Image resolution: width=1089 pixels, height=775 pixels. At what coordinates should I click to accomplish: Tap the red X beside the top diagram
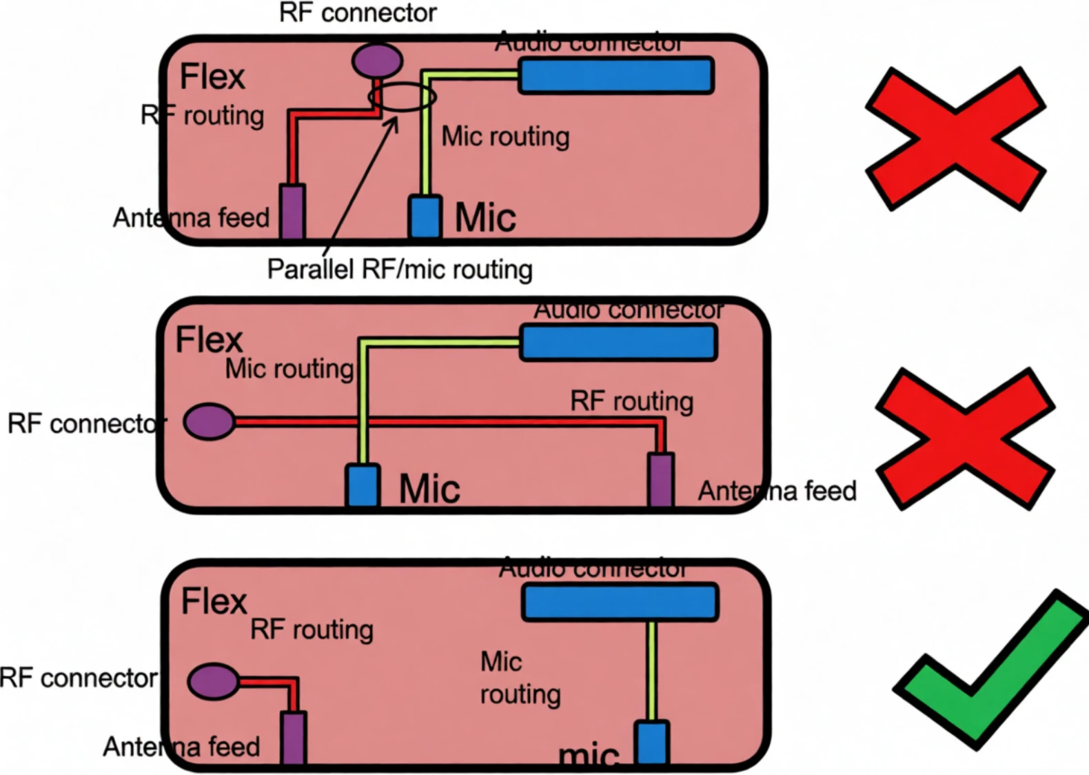coord(955,138)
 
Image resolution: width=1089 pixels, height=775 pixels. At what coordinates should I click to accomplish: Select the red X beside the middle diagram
coord(965,439)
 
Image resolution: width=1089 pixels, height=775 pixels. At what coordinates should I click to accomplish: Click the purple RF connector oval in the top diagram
coord(377,60)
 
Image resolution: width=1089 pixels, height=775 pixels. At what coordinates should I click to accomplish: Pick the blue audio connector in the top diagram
coord(616,76)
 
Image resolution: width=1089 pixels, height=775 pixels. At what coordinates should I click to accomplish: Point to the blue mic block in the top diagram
coord(425,217)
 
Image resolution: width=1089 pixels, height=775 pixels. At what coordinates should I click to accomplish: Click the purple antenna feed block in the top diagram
coord(292,211)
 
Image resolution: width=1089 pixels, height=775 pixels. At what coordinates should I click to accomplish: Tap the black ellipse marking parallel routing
coord(403,97)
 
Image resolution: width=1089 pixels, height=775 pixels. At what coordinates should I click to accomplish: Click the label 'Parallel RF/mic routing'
coord(400,270)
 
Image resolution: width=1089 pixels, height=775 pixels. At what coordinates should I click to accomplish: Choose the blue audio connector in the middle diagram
coord(619,343)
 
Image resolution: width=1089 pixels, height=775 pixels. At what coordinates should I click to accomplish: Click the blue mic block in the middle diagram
coord(363,486)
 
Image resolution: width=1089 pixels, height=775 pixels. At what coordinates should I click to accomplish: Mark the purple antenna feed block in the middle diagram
coord(661,480)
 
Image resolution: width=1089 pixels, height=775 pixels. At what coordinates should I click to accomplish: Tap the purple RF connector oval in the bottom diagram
coord(214,681)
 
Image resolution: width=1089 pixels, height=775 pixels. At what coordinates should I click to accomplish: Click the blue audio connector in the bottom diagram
coord(620,601)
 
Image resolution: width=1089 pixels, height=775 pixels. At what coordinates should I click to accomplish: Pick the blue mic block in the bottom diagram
coord(651,743)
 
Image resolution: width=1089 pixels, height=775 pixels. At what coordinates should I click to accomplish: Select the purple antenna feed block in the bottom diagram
coord(294,738)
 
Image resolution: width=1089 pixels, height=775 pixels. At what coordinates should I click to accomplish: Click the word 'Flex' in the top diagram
coord(212,77)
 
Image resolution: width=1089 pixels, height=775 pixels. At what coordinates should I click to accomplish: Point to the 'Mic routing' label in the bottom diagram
coord(520,678)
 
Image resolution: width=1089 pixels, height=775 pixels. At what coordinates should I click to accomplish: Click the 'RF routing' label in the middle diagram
coord(631,401)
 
